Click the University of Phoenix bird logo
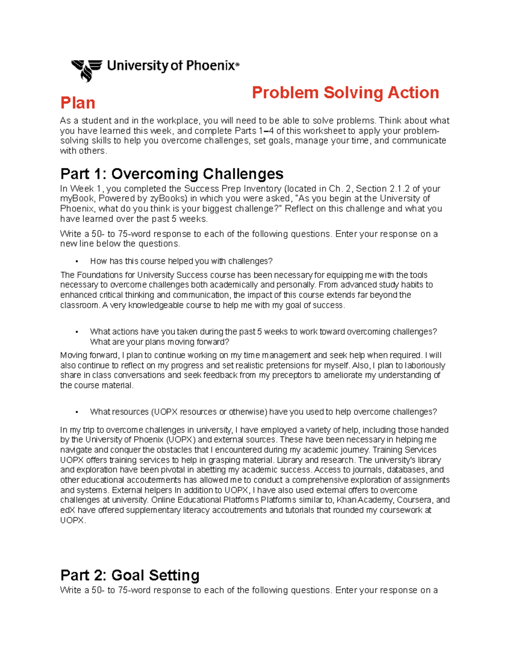point(87,70)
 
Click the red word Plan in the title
point(78,103)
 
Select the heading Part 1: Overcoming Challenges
point(172,174)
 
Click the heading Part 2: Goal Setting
point(130,575)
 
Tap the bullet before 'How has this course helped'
point(76,261)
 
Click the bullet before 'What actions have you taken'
point(76,332)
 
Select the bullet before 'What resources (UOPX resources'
point(76,412)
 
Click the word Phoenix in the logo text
point(210,66)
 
